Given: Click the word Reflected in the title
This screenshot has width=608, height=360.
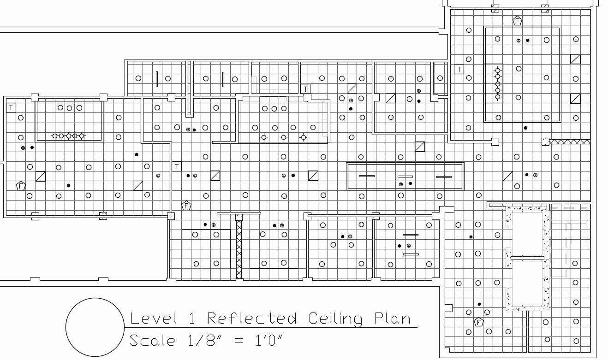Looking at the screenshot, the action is coord(251,319).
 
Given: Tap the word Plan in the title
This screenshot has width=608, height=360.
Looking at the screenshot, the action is coord(392,319).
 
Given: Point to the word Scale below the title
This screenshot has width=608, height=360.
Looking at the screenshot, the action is coord(152,341).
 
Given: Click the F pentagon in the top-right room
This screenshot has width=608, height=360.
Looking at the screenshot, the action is coord(517,21).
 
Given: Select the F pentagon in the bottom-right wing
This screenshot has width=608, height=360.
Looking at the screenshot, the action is coord(478,322).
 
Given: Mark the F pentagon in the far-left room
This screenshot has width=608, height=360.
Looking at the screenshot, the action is coord(20,186).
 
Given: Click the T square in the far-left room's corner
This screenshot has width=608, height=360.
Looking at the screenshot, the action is coord(11,108).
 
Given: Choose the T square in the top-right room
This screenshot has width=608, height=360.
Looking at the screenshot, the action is coord(459,69).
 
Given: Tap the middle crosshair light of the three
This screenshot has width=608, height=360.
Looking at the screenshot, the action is coord(284,137).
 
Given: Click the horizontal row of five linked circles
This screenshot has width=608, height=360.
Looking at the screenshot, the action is coord(68,136).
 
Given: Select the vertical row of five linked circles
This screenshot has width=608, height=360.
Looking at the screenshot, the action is coord(498,83).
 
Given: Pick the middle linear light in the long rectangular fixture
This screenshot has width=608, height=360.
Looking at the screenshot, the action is coord(405,177).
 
